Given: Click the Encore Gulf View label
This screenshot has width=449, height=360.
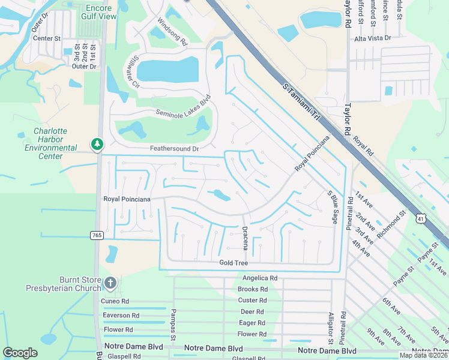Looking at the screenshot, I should pos(98,12).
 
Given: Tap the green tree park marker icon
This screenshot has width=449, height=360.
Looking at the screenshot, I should pos(97,144).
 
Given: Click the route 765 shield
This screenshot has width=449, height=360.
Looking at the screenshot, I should pos(97,235).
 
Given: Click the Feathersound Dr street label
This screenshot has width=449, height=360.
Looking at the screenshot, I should pos(173,148).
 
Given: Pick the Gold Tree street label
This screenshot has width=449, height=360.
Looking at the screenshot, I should pos(234,263).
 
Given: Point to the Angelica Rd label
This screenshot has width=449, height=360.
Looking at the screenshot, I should pos(260,278).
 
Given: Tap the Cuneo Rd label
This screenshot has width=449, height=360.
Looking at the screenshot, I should pos(116,301).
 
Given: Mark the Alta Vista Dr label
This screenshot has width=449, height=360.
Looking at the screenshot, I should pos(372,38).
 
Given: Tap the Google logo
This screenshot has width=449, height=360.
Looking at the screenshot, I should pos(20,352).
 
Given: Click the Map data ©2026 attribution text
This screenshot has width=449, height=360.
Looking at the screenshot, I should pos(423,355).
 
